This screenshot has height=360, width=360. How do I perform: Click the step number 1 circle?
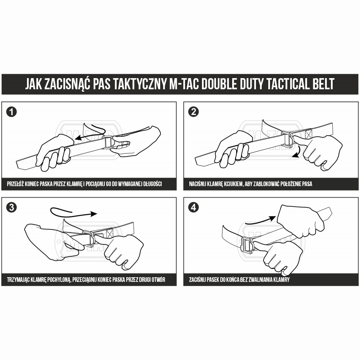pos(12,112)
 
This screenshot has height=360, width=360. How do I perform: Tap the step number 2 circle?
pos(193,112)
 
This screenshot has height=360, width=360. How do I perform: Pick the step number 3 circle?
pos(12,208)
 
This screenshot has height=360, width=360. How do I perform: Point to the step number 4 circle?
pos(193,208)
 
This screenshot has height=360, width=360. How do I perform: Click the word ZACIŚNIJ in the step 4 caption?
pos(198,280)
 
